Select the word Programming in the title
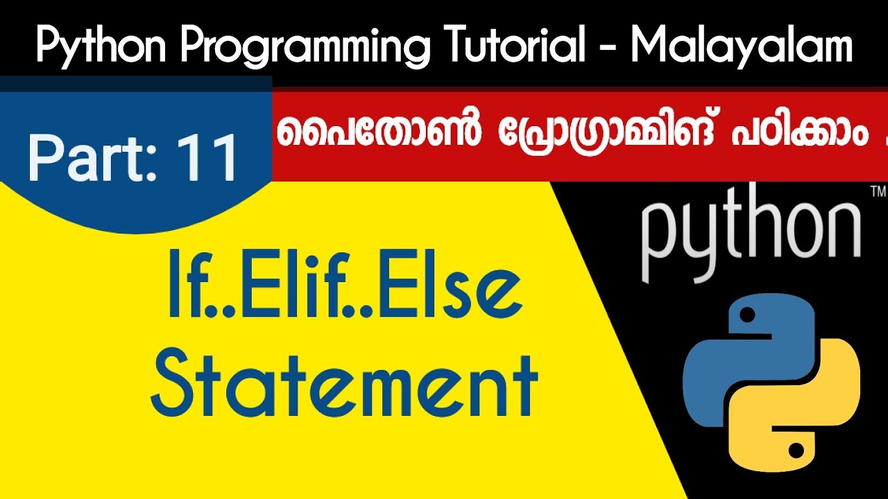point(298,46)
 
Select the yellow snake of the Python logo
point(798,409)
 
